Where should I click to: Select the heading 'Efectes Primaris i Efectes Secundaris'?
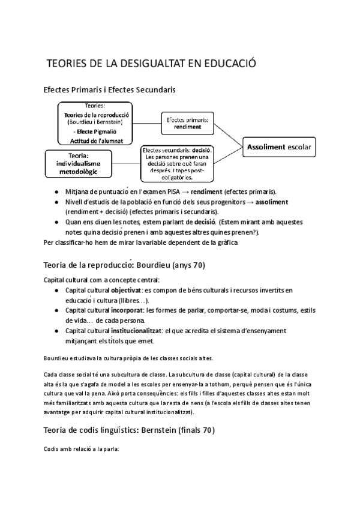110,91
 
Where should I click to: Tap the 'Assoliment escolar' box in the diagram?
280,146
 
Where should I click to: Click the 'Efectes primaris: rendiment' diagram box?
188,124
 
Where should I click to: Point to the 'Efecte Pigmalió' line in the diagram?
97,131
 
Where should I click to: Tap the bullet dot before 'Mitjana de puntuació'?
55,191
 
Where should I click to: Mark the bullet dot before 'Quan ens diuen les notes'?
55,222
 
